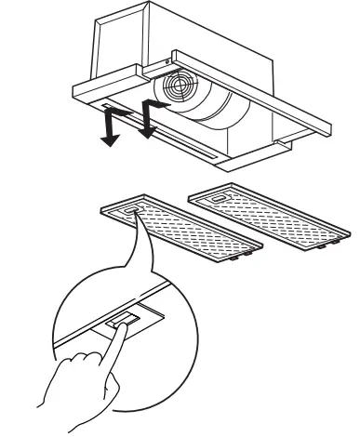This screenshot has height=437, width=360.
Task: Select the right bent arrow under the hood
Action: [150, 119]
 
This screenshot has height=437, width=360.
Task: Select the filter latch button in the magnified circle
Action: [121, 322]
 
